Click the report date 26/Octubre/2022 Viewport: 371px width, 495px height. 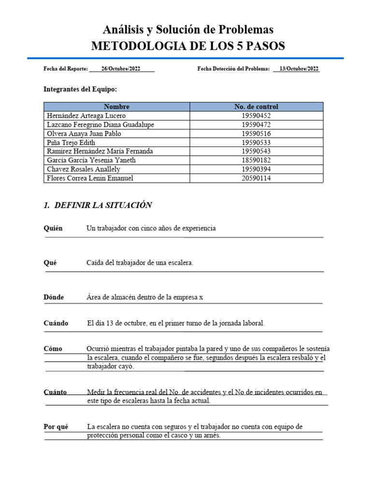121,69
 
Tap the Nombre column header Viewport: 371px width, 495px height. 116,107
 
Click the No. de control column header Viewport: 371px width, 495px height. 256,107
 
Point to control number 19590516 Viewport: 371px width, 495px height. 256,134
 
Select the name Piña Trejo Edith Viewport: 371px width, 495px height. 71,143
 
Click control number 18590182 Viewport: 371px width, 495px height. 256,160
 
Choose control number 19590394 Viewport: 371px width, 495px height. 256,169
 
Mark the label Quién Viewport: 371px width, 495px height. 53,228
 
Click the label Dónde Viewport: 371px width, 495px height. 54,297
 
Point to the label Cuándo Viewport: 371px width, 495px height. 56,323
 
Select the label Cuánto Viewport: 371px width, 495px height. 55,392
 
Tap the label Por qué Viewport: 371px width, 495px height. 56,427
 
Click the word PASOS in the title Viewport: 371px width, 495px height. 264,46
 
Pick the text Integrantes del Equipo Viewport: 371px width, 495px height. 80,89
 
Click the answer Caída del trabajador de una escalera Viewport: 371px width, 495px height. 140,263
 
